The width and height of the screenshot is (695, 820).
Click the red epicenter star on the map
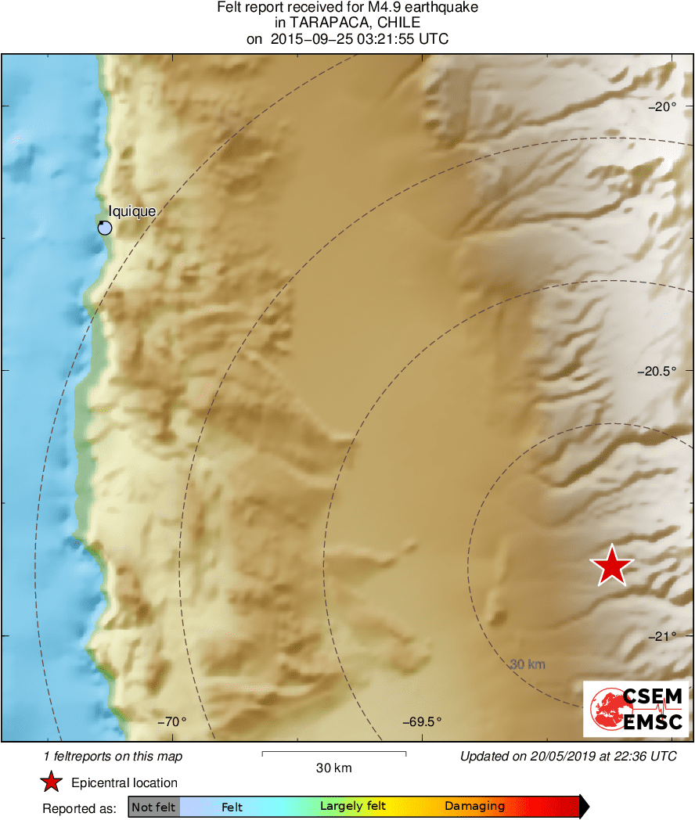[x=611, y=566]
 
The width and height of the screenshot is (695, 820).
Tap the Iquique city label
[x=132, y=210]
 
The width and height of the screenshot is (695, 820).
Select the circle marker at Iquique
[x=105, y=228]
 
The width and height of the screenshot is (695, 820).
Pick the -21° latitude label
[x=664, y=636]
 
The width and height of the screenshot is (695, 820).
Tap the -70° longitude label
[x=172, y=722]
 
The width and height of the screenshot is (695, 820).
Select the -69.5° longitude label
[x=422, y=722]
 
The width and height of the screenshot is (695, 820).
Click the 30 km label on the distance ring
[x=527, y=665]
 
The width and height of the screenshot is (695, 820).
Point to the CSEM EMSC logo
[x=636, y=709]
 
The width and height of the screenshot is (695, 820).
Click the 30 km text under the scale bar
[x=333, y=768]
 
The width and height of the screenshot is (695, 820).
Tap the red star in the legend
[x=52, y=782]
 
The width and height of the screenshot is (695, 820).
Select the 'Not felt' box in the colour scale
[x=153, y=807]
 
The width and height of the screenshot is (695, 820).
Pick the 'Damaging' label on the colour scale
[x=475, y=806]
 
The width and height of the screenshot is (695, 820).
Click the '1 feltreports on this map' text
[x=113, y=757]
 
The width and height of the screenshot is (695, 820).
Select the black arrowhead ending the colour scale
[x=584, y=807]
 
